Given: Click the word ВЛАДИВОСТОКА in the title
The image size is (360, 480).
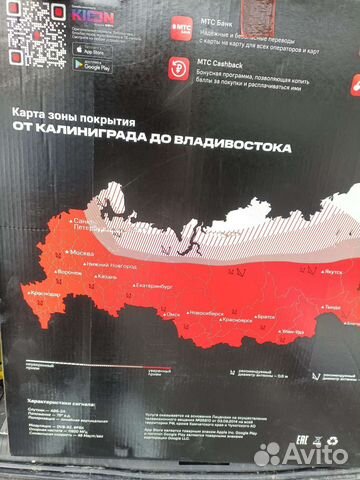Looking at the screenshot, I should (239, 146).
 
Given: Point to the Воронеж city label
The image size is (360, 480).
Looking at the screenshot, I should (68, 270).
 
